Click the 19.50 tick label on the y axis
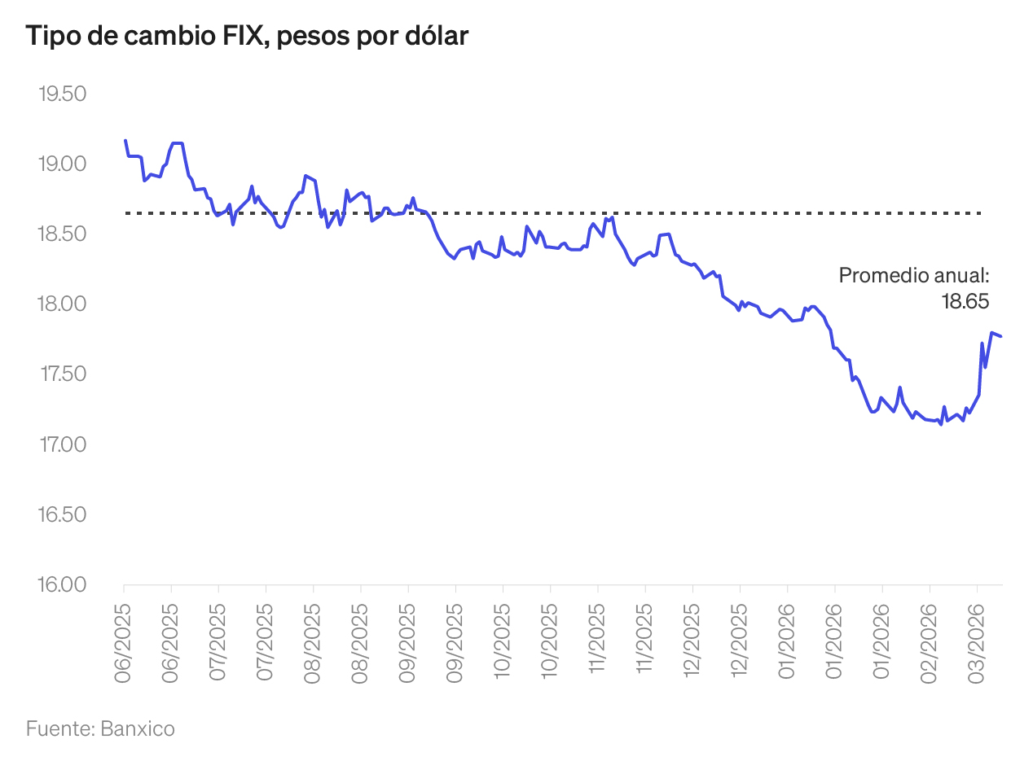pos(62,94)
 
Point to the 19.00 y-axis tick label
pos(62,164)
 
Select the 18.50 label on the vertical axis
pos(62,234)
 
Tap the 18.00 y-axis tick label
pos(62,304)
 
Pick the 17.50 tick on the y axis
pos(62,374)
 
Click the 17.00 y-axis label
pos(62,444)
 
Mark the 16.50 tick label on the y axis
pos(62,514)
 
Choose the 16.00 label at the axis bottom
pos(62,584)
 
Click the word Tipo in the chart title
pos(50,37)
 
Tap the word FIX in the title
pos(244,37)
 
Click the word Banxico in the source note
pos(138,728)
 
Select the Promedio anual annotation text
pos(913,276)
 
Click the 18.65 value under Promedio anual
pos(965,301)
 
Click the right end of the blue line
pos(1001,336)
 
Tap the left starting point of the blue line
pos(125,141)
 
